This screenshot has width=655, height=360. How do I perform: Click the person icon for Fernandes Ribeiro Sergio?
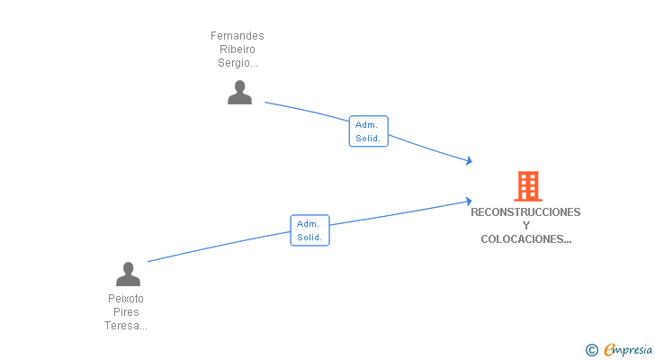pyautogui.click(x=239, y=93)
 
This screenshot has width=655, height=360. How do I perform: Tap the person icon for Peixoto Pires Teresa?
pyautogui.click(x=129, y=274)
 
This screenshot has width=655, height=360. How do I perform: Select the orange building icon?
pyautogui.click(x=527, y=186)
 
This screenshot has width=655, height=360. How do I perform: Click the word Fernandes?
pyautogui.click(x=238, y=36)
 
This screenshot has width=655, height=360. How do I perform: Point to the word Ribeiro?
pyautogui.click(x=238, y=49)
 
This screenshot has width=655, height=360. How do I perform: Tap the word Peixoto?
pyautogui.click(x=126, y=299)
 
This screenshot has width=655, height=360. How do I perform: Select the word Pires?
pyautogui.click(x=126, y=312)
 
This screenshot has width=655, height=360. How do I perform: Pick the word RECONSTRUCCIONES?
pyautogui.click(x=525, y=212)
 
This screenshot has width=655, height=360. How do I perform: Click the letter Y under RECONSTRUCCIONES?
pyautogui.click(x=526, y=226)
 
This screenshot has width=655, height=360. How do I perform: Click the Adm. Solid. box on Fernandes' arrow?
pyautogui.click(x=368, y=131)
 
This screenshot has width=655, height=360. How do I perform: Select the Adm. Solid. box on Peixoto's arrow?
pyautogui.click(x=310, y=230)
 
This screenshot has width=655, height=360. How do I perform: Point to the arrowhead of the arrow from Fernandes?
pyautogui.click(x=468, y=161)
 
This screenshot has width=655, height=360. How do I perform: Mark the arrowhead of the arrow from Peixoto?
pyautogui.click(x=468, y=201)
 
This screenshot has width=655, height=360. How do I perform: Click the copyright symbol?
pyautogui.click(x=592, y=350)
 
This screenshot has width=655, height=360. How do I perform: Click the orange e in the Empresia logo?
pyautogui.click(x=609, y=350)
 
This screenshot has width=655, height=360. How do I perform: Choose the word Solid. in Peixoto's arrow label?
pyautogui.click(x=310, y=238)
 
